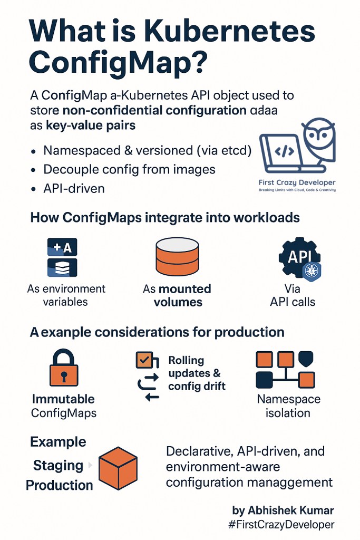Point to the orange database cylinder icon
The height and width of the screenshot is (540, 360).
pos(177,258)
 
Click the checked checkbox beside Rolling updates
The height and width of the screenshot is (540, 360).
pos(143,361)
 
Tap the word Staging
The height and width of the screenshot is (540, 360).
pos(58,466)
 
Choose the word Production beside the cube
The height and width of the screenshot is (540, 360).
pos(60,485)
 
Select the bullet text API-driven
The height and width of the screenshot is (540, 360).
pos(74,188)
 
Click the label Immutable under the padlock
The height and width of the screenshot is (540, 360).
pos(63,399)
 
